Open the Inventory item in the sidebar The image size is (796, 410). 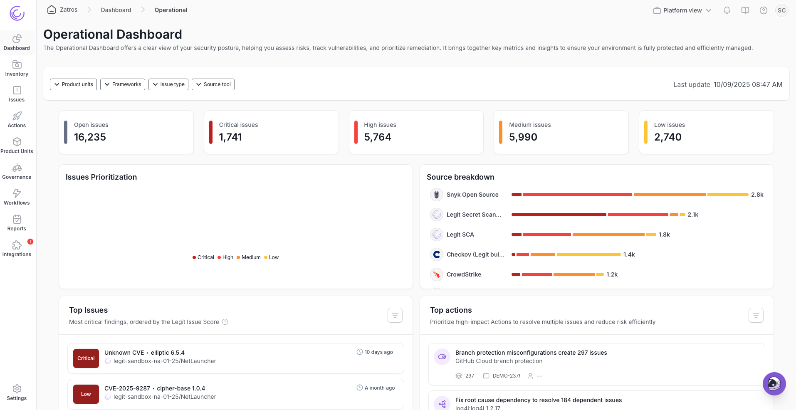[x=17, y=69]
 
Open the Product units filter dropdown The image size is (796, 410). [x=73, y=84]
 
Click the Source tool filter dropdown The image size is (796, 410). [x=213, y=84]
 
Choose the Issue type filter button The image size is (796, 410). [x=168, y=84]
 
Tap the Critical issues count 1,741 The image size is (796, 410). [x=230, y=137]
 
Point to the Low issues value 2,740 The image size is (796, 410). [x=667, y=137]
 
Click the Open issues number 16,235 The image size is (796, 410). [x=90, y=137]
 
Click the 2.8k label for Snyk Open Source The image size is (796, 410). [x=757, y=195]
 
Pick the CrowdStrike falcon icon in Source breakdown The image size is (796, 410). [x=436, y=274]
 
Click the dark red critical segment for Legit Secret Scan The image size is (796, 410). [x=559, y=215]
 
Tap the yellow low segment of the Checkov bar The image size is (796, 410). [x=588, y=254]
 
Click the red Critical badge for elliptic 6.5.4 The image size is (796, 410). [x=86, y=358]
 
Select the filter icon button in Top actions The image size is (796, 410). [x=756, y=315]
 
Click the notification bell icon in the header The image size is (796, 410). [x=727, y=10]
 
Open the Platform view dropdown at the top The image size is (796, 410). [x=682, y=10]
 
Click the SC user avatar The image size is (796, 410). [x=781, y=10]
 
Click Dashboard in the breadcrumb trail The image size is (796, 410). [x=116, y=10]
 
